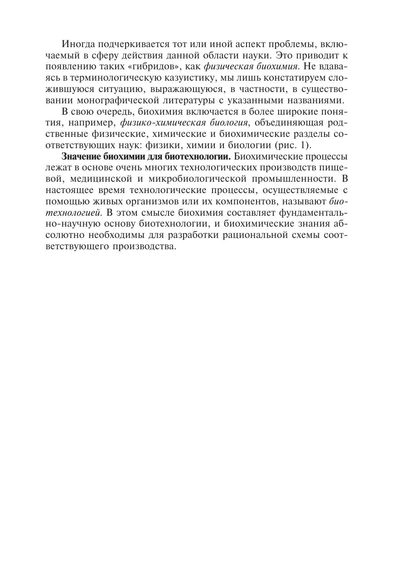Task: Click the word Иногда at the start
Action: [x=78, y=45]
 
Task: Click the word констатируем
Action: [x=283, y=78]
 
